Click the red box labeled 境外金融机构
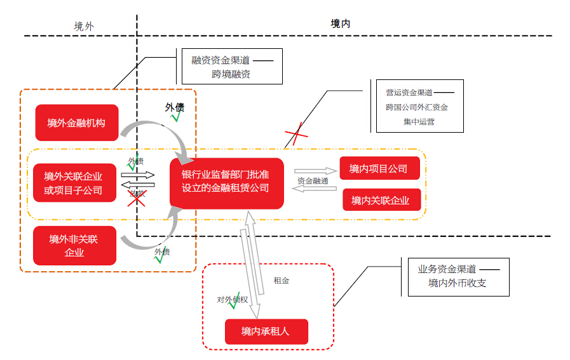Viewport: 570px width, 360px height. coord(77,123)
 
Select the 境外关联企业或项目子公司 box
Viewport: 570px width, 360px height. coord(74,183)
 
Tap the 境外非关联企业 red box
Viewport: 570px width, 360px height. coord(74,246)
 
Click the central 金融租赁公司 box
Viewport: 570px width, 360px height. coord(226,182)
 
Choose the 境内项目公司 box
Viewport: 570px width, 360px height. coord(379,168)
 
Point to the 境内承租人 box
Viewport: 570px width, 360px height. coord(266,331)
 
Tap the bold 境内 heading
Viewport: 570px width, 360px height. coord(340,23)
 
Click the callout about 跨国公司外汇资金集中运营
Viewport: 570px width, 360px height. coord(419,106)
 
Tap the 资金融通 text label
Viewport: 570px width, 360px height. coord(313,181)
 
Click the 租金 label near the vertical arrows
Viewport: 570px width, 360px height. coord(281,280)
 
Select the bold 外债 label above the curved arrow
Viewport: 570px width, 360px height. coord(175,107)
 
